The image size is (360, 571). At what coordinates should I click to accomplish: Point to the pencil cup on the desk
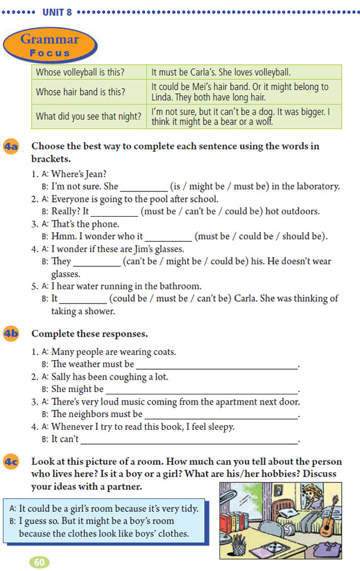coord(239,546)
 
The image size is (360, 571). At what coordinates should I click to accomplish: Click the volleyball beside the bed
coord(290,529)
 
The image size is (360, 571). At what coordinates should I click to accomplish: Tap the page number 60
coord(40,562)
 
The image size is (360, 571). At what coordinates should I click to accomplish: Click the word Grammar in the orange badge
coord(50,40)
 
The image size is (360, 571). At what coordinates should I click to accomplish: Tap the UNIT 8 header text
coord(57,11)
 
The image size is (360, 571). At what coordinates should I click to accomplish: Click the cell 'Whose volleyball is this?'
coord(89,73)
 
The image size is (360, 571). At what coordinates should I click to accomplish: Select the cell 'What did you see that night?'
coord(89,116)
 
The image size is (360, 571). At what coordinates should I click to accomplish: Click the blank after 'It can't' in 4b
coord(189,439)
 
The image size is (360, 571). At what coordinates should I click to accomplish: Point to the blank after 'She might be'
coord(201,389)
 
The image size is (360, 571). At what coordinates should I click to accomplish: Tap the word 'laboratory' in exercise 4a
coord(319,186)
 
